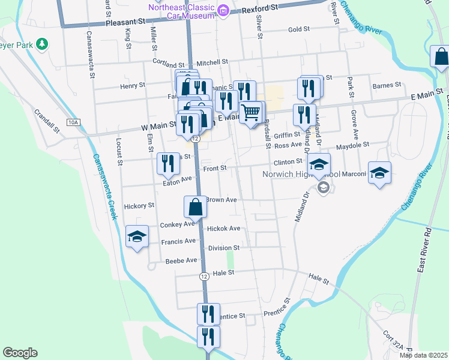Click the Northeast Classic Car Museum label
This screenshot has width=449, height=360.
tap(181, 11)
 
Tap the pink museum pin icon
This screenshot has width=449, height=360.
tap(223, 10)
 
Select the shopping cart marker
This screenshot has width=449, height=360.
tap(251, 111)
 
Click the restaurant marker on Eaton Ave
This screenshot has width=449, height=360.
tap(167, 163)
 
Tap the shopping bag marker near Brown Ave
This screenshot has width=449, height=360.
tap(196, 207)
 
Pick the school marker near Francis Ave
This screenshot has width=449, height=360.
tap(137, 236)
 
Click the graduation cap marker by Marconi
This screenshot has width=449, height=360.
tap(379, 172)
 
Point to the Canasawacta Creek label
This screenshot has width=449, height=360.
tap(103, 187)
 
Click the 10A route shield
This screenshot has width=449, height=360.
tap(73, 122)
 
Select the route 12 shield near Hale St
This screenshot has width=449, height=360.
tap(205, 276)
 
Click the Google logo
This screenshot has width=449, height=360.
tap(20, 353)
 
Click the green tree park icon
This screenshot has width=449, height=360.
tap(41, 44)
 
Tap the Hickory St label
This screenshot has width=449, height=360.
tap(139, 206)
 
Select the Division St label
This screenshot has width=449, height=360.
tap(224, 247)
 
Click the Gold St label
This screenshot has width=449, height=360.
tap(298, 29)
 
